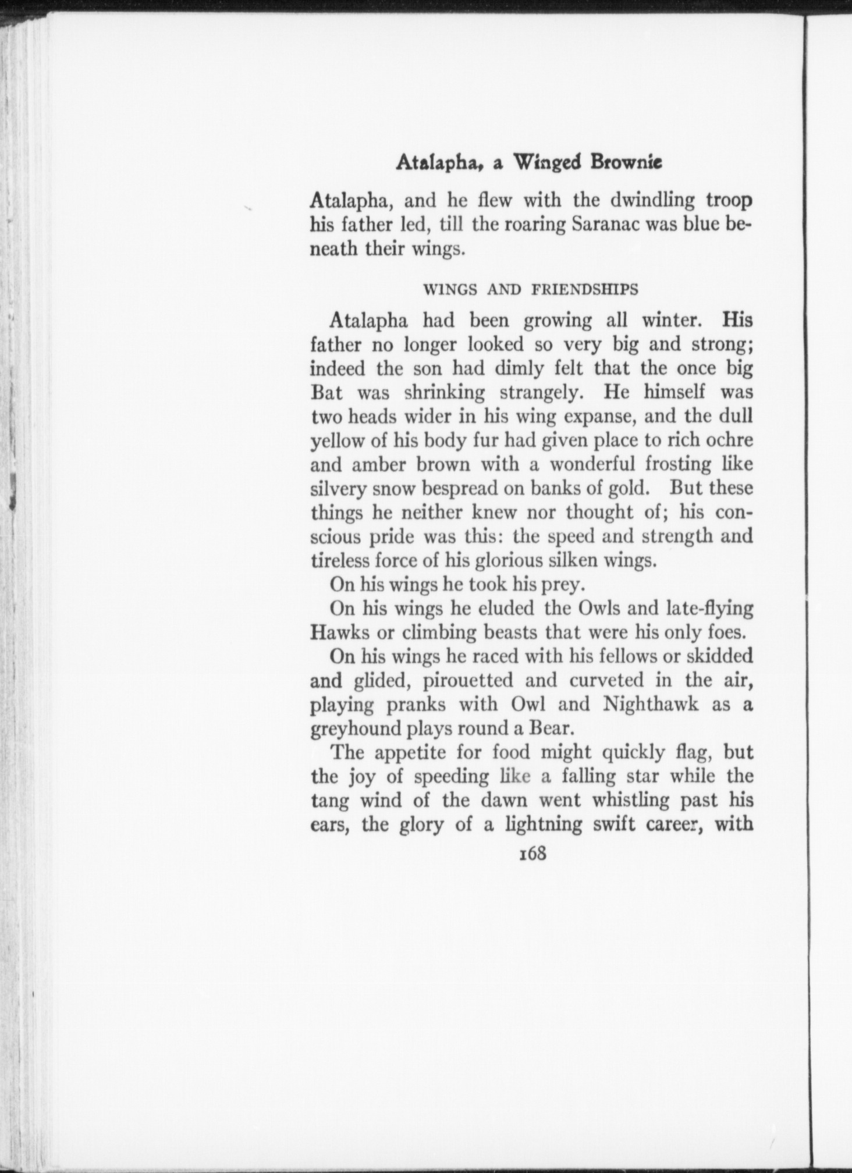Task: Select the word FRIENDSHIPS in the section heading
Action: (x=585, y=289)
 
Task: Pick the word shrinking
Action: (x=444, y=393)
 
